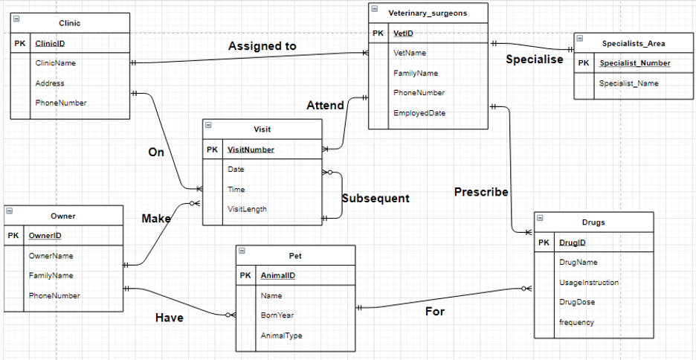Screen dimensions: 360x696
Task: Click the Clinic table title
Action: tap(69, 23)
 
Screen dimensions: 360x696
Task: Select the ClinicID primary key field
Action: tap(51, 44)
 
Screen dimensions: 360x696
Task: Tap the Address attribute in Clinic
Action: tap(50, 83)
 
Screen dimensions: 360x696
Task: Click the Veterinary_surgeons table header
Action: tap(428, 13)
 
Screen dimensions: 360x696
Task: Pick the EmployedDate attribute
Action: tap(419, 112)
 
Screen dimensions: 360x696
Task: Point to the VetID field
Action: tap(403, 33)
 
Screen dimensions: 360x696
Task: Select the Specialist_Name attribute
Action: tap(628, 83)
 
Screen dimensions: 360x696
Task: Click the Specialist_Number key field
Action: tap(634, 63)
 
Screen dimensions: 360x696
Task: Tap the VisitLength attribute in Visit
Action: tap(247, 209)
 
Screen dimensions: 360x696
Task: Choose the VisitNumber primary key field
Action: tap(251, 150)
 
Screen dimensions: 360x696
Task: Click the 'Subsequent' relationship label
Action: tap(376, 199)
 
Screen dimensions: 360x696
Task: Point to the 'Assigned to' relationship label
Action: tap(262, 46)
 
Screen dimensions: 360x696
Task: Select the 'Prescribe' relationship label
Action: tap(481, 192)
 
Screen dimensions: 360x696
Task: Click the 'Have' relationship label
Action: tap(169, 318)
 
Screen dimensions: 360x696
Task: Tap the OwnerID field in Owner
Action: tap(45, 236)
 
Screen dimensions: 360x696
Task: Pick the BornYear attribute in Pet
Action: tap(277, 315)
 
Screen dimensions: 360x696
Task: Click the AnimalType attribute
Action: tap(281, 335)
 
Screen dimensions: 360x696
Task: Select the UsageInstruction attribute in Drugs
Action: tap(588, 283)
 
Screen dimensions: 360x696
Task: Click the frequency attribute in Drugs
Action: tap(576, 322)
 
